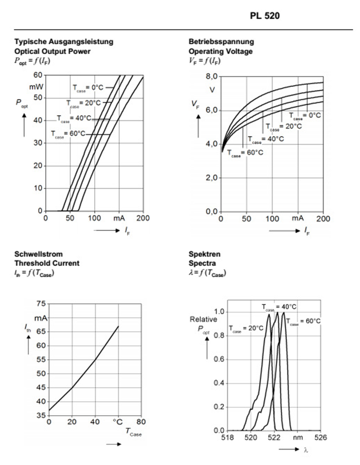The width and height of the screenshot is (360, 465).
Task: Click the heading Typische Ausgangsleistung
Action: tap(64, 41)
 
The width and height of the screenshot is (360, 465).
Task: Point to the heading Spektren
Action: tap(205, 254)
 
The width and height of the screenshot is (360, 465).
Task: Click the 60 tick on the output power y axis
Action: tap(39, 76)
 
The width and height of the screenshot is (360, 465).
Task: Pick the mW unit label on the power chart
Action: tap(37, 86)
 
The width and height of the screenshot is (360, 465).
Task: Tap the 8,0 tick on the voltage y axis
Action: tap(212, 77)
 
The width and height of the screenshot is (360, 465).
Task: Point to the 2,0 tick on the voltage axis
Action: tap(212, 178)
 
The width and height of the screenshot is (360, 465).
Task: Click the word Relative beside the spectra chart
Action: tap(203, 319)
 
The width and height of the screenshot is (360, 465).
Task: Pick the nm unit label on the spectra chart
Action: tap(298, 438)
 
